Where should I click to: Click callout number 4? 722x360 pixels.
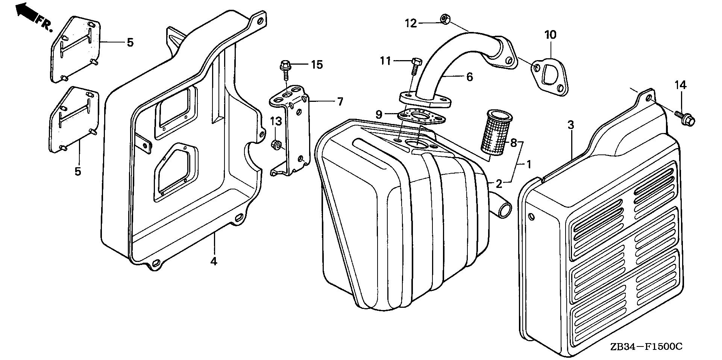(214, 261)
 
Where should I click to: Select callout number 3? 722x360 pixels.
(571, 125)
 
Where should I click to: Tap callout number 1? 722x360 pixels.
(528, 164)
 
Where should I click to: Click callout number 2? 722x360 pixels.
(499, 184)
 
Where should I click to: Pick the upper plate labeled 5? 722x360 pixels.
(76, 49)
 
